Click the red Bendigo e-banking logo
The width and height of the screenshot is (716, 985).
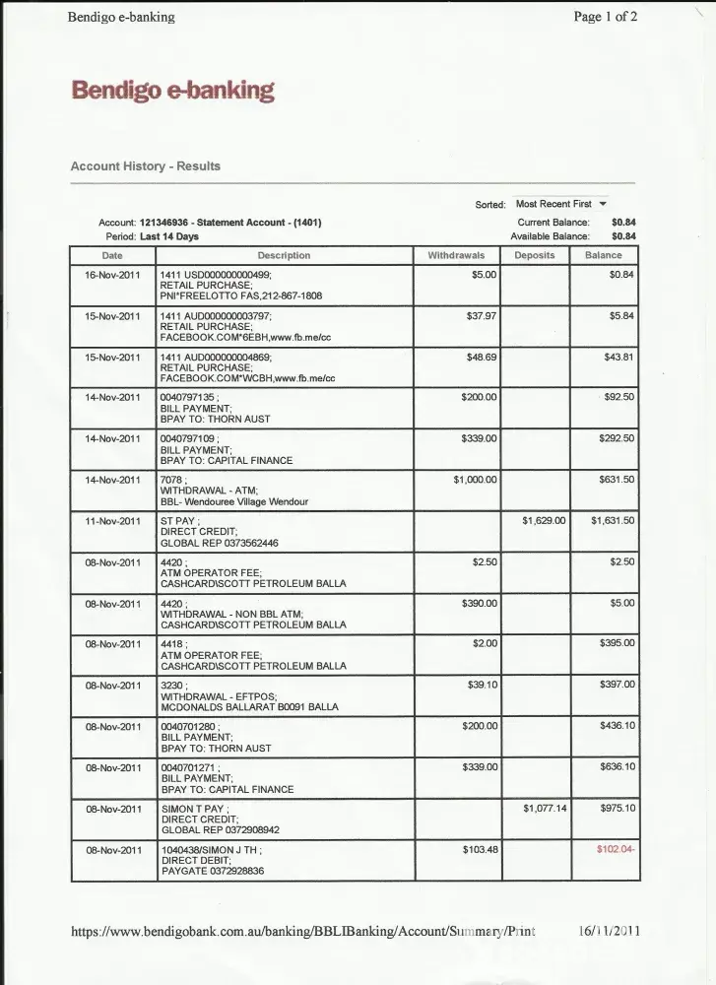click(x=172, y=92)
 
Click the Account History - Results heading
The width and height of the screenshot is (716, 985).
click(x=145, y=166)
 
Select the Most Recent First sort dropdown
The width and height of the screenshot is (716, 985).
click(x=560, y=204)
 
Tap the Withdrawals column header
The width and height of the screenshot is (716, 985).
click(x=456, y=255)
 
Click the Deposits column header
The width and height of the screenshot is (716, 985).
click(x=535, y=255)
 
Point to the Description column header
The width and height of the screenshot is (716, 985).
click(x=284, y=255)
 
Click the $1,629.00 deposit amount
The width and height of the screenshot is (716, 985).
click(x=544, y=520)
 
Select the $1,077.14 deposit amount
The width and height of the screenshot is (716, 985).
click(x=544, y=809)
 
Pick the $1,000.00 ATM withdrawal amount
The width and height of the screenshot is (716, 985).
click(x=475, y=480)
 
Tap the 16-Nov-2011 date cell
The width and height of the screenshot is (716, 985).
click(x=113, y=275)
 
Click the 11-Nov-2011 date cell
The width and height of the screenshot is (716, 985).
click(x=113, y=520)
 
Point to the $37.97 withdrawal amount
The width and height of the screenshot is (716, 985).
click(x=481, y=316)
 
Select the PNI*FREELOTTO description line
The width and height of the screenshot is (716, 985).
click(x=240, y=295)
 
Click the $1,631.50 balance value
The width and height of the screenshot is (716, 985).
click(x=613, y=520)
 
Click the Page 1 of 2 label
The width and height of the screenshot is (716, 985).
click(x=605, y=17)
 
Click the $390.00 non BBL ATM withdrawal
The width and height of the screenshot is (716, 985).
click(x=480, y=603)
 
